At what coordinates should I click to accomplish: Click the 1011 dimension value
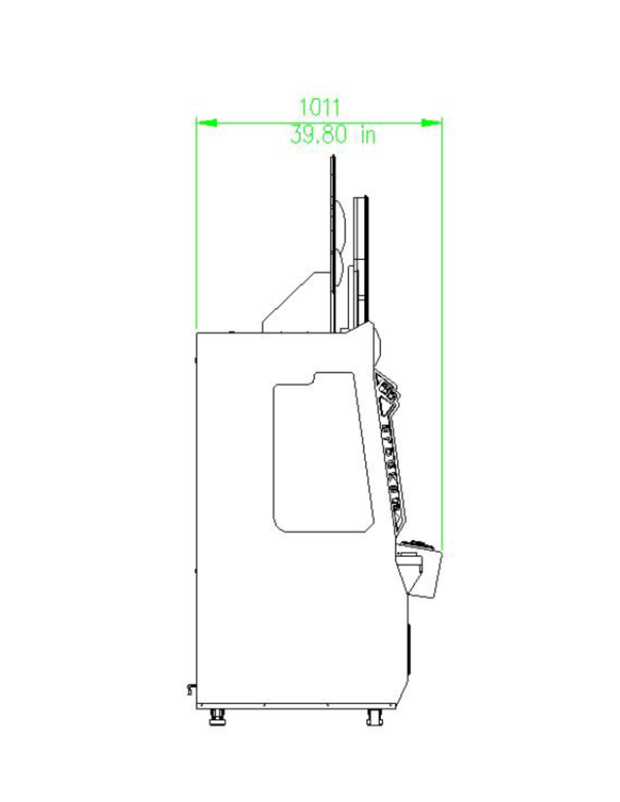[x=319, y=107]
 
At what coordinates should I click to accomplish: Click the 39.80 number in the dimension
[x=318, y=135]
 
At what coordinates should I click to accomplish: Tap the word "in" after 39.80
[x=368, y=135]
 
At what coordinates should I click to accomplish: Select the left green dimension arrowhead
[x=207, y=123]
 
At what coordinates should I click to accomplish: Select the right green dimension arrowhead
[x=431, y=123]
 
